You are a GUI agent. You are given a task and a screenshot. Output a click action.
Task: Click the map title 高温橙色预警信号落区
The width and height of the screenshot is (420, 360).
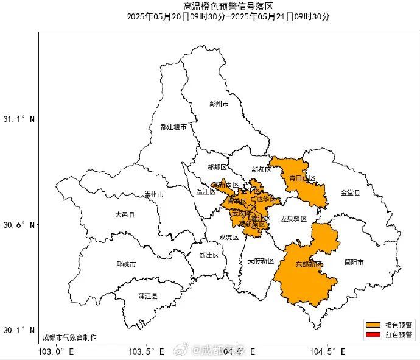[x=228, y=7]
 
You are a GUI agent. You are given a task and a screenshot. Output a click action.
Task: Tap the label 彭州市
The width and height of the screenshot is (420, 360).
[x=219, y=104]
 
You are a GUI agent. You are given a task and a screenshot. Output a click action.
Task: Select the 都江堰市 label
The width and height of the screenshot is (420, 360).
[x=173, y=127]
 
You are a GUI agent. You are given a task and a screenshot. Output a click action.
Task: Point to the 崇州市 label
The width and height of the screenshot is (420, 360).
[x=154, y=194]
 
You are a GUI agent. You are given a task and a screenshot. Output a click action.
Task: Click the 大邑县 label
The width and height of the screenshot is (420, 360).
[x=125, y=215]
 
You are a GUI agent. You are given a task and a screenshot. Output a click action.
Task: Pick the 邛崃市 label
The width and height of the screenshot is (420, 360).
[x=126, y=264]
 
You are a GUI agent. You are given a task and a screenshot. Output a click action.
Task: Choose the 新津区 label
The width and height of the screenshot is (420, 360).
[x=209, y=255]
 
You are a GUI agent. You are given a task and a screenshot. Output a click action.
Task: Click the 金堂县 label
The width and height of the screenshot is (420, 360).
[x=350, y=192]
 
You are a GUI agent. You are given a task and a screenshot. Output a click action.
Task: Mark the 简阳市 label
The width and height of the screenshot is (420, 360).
[x=353, y=263]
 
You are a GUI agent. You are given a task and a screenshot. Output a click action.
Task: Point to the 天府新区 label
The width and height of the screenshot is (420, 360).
[x=261, y=261]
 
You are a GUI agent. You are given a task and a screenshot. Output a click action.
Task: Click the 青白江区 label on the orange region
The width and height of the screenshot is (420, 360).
[x=302, y=178]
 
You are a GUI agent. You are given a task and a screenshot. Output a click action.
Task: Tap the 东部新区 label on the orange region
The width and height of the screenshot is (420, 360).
[x=309, y=264]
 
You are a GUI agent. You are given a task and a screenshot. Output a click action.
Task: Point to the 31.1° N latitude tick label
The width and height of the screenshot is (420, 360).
[x=19, y=119]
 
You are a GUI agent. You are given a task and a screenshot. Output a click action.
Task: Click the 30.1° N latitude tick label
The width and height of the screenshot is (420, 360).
[x=19, y=330]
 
